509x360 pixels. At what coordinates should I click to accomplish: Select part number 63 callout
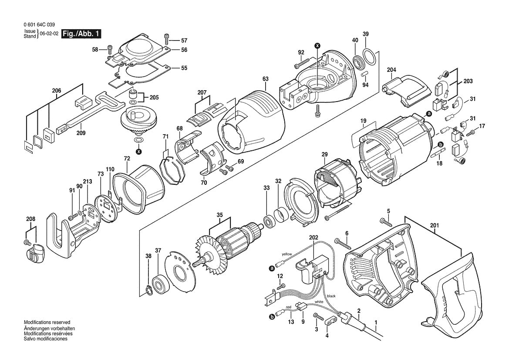pos(266,79)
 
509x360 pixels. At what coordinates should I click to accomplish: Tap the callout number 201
pos(435,225)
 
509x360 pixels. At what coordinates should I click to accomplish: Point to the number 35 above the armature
pos(220,215)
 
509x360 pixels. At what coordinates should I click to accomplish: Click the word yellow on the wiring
pos(287,254)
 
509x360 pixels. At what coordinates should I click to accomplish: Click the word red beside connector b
pos(289,308)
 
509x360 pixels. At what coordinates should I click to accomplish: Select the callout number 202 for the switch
pos(313,238)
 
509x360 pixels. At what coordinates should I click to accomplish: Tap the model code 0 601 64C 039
pos(39,25)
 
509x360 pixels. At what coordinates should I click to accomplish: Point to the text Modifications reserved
pos(47,322)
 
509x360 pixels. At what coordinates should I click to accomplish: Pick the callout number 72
pos(127,159)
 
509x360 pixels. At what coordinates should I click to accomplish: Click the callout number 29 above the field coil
pos(324,155)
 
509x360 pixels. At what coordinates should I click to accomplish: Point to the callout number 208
pos(31,219)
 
